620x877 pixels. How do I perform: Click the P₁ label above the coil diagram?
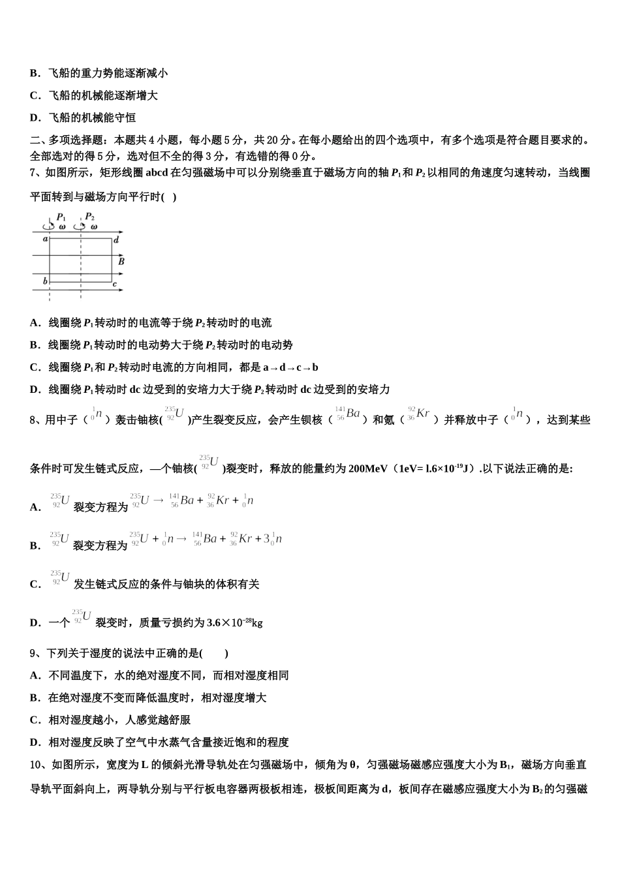[61, 217]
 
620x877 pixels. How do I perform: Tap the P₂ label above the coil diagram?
[89, 217]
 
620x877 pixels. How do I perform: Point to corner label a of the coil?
[45, 239]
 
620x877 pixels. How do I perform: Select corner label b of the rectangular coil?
[45, 281]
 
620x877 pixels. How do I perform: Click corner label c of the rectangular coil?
[115, 284]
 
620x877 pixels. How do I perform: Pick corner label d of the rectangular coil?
[116, 240]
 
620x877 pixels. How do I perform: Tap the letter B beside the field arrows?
[121, 261]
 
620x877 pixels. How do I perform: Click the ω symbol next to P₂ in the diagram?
[94, 227]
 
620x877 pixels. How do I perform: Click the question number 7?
[33, 173]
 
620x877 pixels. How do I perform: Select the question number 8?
[33, 420]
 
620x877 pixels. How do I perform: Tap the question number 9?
[33, 653]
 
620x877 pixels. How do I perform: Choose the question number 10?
[36, 765]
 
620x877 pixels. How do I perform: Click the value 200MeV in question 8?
[369, 469]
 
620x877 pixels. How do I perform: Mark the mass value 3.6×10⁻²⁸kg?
[234, 623]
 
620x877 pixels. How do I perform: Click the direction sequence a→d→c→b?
[290, 367]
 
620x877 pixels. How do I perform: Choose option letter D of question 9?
[35, 743]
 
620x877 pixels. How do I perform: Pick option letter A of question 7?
[35, 323]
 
